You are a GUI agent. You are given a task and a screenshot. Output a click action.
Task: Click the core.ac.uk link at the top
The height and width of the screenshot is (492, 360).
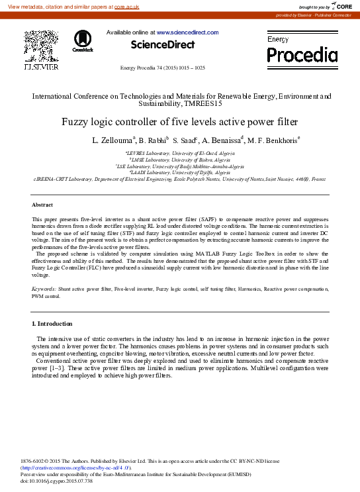click(x=126, y=6)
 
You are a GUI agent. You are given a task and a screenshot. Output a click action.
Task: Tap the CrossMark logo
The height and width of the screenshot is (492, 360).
click(x=83, y=40)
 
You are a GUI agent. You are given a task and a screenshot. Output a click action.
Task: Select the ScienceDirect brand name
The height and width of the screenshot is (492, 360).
click(x=163, y=45)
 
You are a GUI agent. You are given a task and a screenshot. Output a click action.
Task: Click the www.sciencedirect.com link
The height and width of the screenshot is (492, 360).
click(x=187, y=32)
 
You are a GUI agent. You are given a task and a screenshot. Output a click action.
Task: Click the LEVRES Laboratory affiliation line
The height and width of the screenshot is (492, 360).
click(x=179, y=153)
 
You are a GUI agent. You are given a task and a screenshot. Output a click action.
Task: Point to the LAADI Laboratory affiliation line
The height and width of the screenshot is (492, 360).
click(x=179, y=172)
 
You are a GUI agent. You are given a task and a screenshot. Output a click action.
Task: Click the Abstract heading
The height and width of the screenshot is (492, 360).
click(x=42, y=205)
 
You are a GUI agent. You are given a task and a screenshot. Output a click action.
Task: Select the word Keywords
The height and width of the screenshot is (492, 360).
click(x=44, y=289)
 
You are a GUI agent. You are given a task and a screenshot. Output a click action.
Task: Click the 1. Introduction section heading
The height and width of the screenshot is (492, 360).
click(x=52, y=323)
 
